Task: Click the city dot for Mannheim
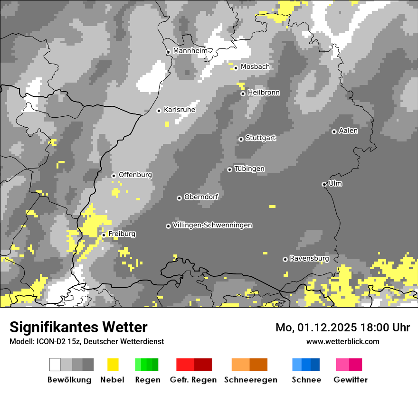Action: (168, 52)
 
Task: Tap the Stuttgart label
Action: (260, 138)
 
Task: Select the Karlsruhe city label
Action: (179, 110)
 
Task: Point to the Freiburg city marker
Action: (104, 235)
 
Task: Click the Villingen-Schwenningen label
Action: (212, 225)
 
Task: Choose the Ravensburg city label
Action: (309, 258)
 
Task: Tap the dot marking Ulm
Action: (324, 184)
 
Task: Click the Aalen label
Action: (348, 131)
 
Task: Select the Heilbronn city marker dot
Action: (243, 94)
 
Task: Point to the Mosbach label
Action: (255, 67)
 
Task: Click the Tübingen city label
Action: (249, 169)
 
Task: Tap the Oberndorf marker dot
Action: (179, 198)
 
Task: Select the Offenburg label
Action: (135, 175)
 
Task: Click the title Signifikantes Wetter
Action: (78, 327)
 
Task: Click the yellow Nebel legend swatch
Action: (113, 365)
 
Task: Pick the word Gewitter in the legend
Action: (350, 380)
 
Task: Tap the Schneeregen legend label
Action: (250, 380)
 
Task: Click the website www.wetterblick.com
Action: (342, 341)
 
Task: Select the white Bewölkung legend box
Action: (55, 365)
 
